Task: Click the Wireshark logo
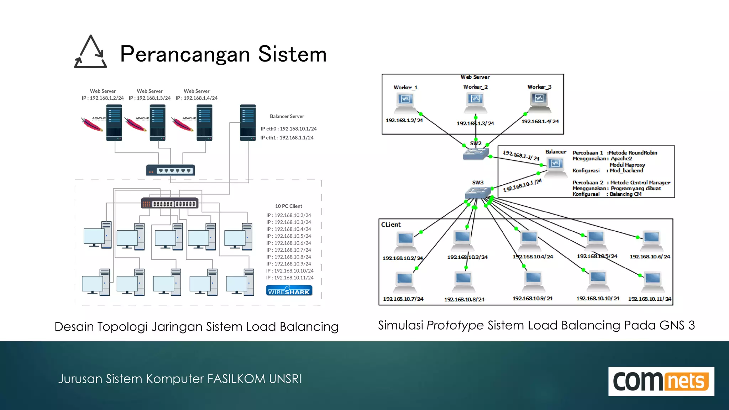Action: [289, 291]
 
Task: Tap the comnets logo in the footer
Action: [661, 381]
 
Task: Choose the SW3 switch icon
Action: [478, 193]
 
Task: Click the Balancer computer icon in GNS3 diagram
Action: [556, 167]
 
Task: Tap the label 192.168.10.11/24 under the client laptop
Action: [649, 299]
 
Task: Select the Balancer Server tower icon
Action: [248, 123]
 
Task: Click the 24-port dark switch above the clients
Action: [170, 203]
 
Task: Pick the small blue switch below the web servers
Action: [171, 170]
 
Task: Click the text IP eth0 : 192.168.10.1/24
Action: [288, 129]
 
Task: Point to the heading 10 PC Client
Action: [288, 206]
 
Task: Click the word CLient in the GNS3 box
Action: [391, 225]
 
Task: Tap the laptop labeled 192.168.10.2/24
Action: [405, 242]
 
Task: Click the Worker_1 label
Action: [405, 88]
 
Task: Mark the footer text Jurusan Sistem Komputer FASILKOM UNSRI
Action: [180, 379]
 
